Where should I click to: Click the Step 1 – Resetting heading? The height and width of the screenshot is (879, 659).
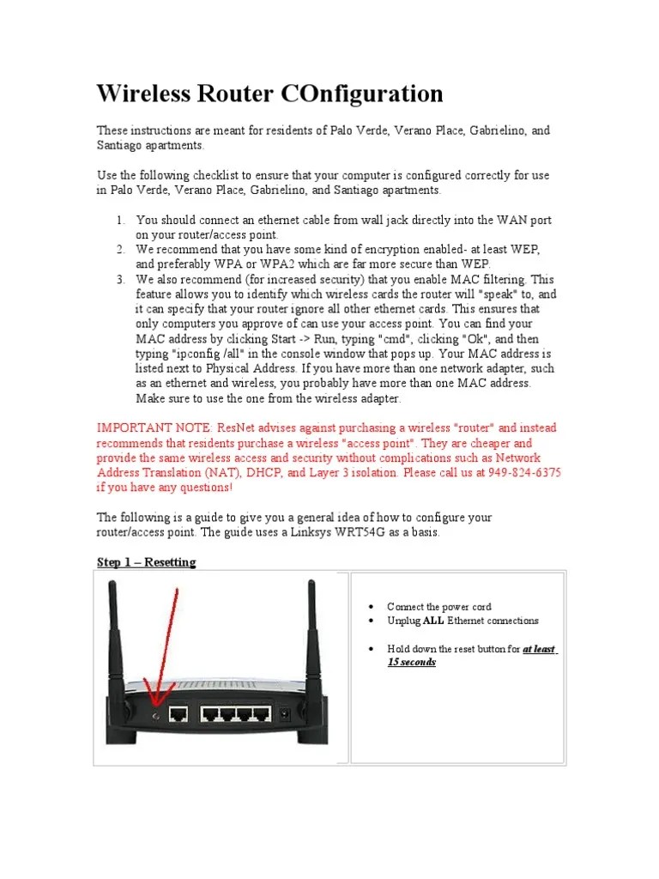click(146, 562)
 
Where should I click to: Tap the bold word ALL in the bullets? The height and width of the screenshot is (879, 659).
click(433, 621)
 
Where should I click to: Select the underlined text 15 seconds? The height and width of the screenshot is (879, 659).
click(412, 663)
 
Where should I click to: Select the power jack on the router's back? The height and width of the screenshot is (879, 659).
click(299, 712)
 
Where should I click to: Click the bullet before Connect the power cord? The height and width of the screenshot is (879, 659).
click(371, 607)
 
